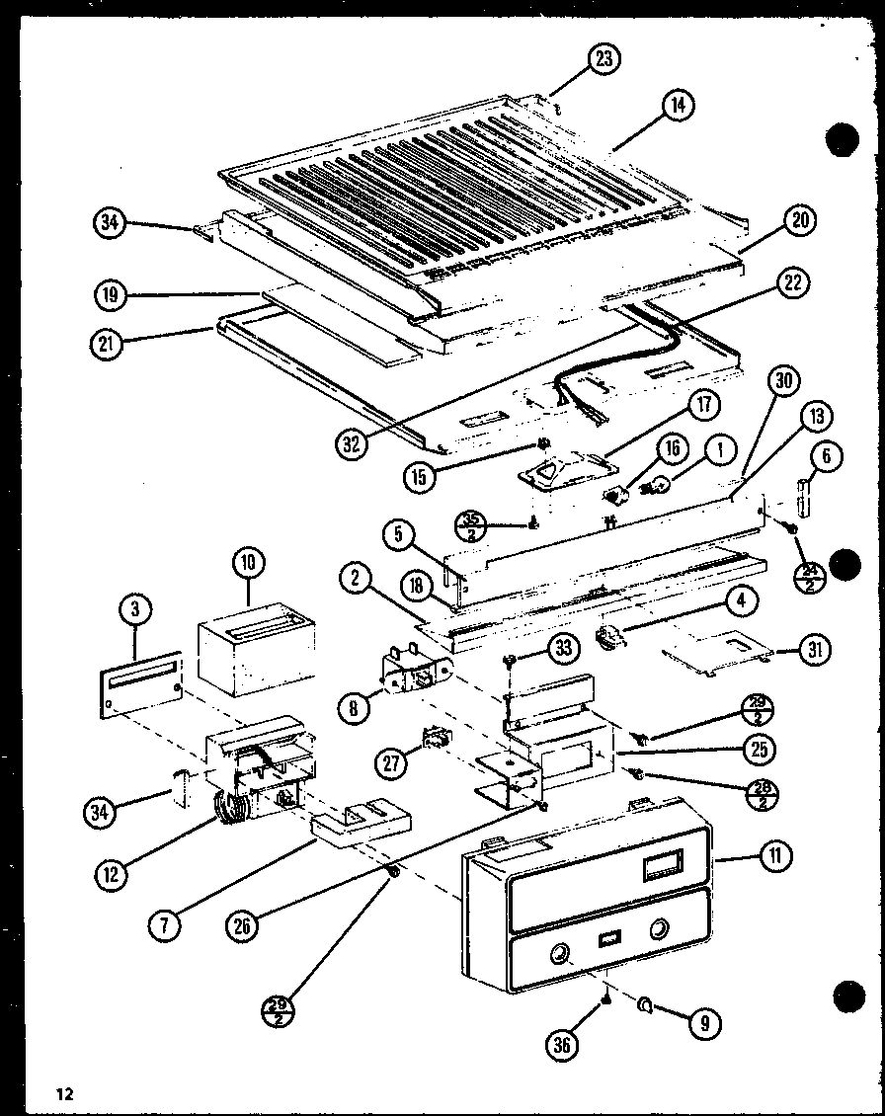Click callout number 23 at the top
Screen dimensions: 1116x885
603,59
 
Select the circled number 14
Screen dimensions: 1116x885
679,106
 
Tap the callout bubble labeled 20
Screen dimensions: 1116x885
800,221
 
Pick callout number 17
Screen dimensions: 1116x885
704,405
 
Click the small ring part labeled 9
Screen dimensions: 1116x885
645,1005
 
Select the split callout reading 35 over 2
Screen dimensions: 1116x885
472,526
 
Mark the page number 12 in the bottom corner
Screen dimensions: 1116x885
65,1093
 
